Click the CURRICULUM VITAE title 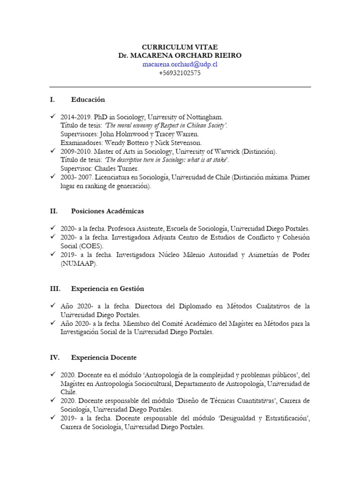(x=180, y=47)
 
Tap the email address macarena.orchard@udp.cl (x=180, y=64)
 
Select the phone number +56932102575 (x=180, y=73)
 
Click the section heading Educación (x=88, y=100)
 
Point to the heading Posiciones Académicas (x=107, y=211)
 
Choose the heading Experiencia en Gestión (x=107, y=289)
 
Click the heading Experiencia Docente (x=104, y=358)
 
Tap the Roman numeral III (x=54, y=289)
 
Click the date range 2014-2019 (x=76, y=117)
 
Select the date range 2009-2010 (x=76, y=152)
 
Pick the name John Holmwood (x=119, y=135)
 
